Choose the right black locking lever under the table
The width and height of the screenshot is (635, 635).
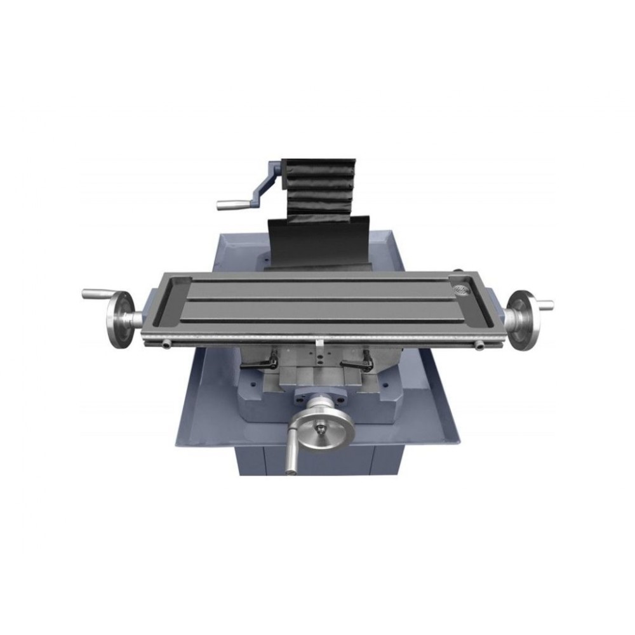(356, 363)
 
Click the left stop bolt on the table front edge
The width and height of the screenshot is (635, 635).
(166, 344)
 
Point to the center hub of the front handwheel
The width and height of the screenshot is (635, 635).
(322, 427)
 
